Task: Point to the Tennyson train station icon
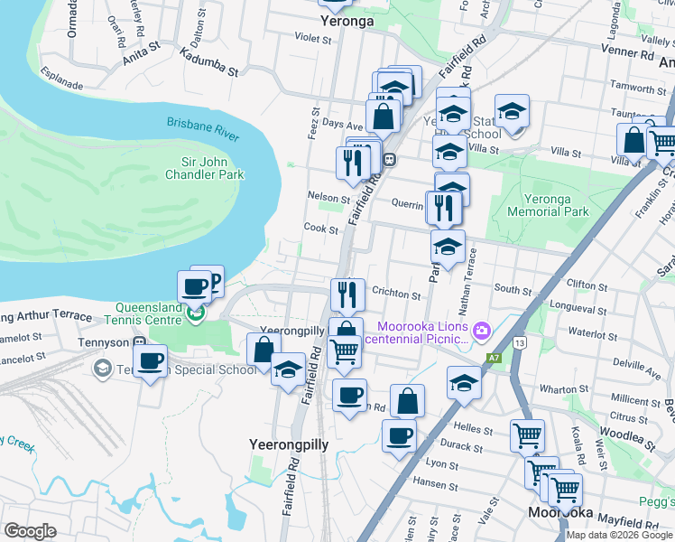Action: point(139,343)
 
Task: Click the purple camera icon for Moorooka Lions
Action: point(481,331)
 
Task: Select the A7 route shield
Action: point(494,358)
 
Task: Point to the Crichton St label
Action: point(397,295)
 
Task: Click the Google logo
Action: point(31,530)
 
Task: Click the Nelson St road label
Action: point(328,197)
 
